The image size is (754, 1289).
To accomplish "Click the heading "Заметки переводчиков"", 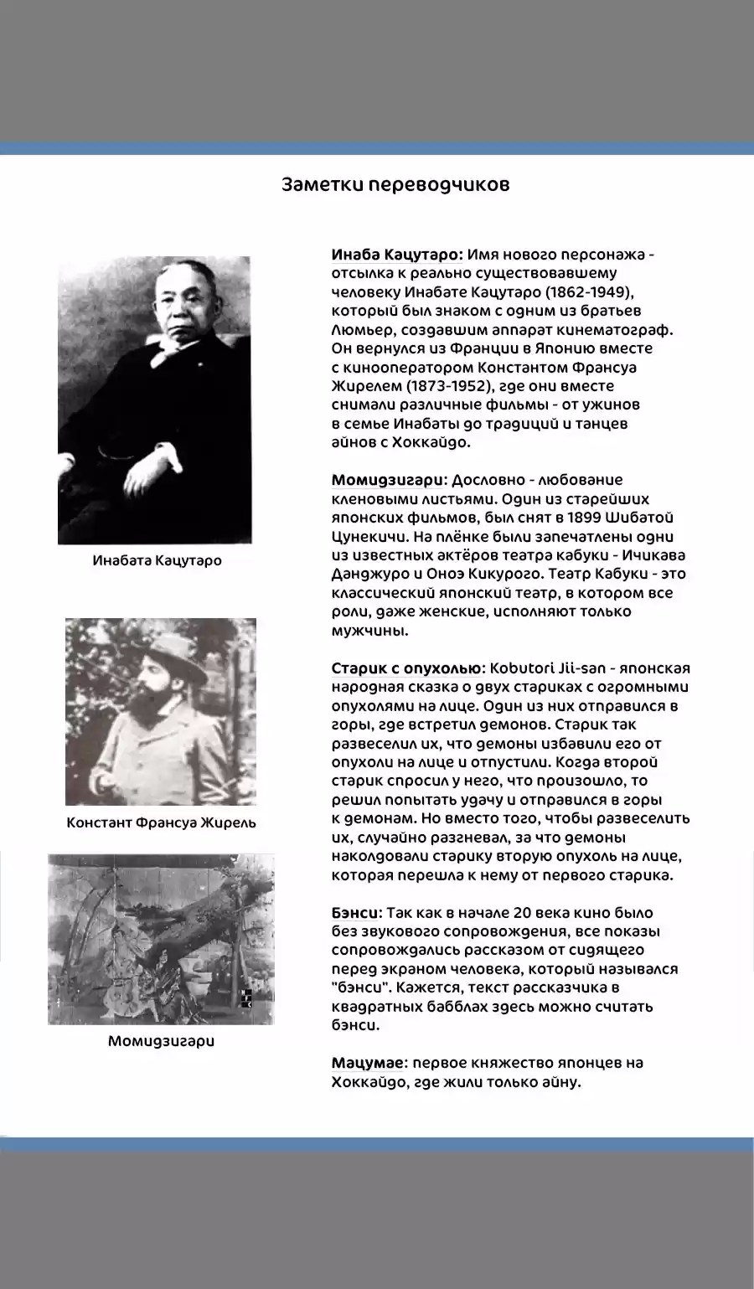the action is tap(395, 185).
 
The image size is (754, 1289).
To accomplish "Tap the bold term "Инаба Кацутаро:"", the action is tap(396, 255).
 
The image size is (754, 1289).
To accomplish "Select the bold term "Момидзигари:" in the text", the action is tap(389, 480).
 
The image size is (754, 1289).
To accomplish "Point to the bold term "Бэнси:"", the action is tap(357, 913).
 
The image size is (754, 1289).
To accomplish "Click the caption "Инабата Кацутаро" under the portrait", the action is tap(158, 560).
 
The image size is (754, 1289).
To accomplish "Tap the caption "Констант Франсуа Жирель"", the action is tap(161, 822).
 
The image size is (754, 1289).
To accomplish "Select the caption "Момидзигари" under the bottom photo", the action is tap(161, 1041).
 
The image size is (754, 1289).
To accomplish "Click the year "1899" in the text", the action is tap(584, 518).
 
